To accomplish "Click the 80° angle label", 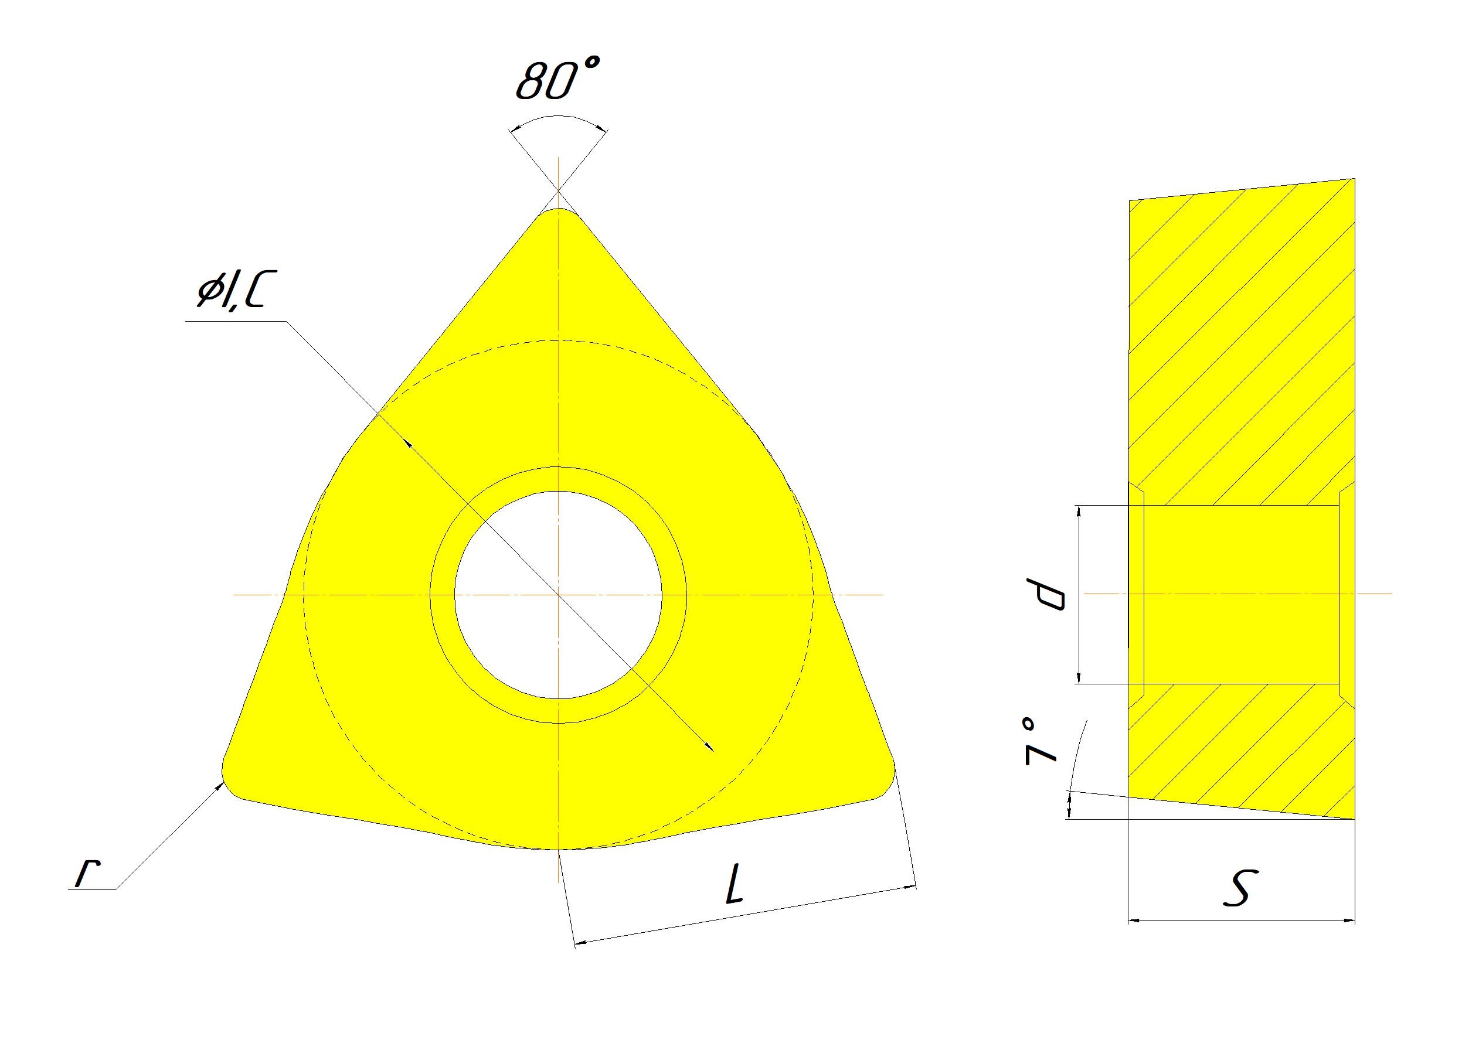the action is (557, 79).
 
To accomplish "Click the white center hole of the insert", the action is (558, 594).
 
